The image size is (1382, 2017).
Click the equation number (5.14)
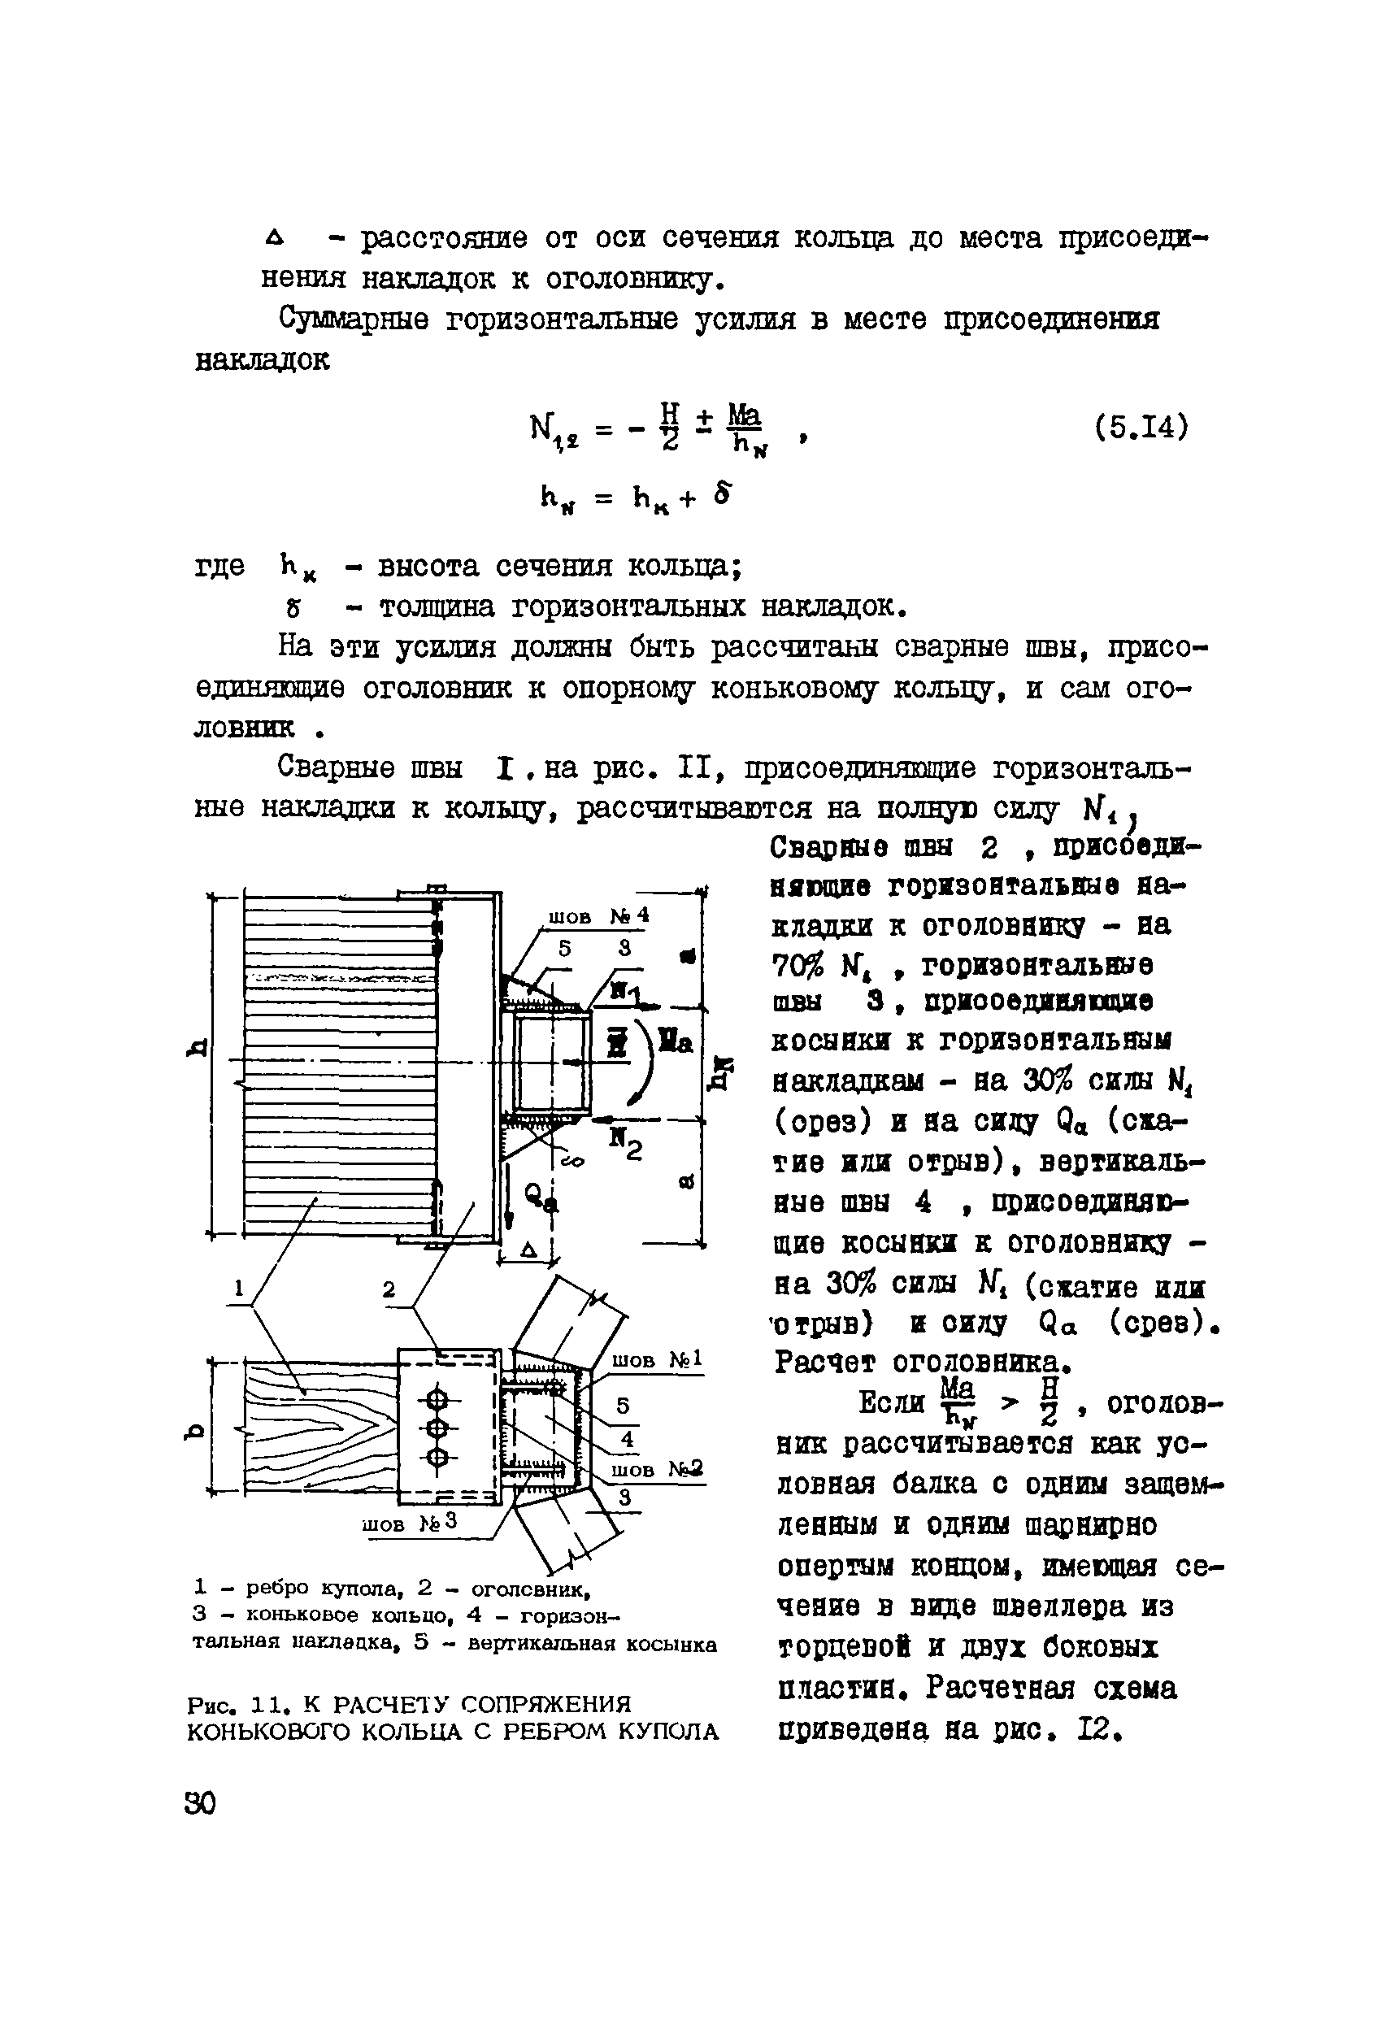(1140, 428)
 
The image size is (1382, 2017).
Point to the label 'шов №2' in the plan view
(656, 1468)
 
